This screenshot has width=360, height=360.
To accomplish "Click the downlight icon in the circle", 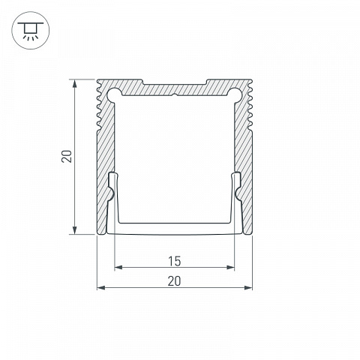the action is coord(31,30).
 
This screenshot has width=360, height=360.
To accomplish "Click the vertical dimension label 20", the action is coord(67,157).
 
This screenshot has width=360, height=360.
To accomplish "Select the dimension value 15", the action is coord(174,261).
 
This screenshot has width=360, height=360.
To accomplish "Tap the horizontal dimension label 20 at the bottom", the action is coord(174,281).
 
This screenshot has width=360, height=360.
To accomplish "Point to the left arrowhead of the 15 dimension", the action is coord(118,268).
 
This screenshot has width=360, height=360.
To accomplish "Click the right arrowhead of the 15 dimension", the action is coord(230,268).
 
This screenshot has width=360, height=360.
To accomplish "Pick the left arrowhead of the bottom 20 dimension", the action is coord(101,288).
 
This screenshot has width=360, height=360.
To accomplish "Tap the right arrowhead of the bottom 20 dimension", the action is coord(248,288).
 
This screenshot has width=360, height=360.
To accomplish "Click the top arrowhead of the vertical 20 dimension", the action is coord(74,83).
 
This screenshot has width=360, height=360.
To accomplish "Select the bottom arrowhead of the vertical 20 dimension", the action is coord(74,230).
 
